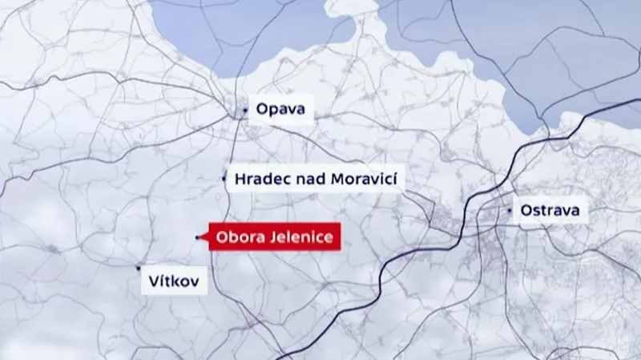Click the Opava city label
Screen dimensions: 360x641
[280, 109]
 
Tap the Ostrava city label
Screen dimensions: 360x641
[554, 211]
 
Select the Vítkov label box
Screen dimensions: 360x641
[173, 281]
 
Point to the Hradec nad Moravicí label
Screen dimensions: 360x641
[316, 179]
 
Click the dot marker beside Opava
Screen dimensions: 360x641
[245, 110]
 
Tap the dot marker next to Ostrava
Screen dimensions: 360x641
[510, 210]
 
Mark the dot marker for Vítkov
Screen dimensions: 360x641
[139, 268]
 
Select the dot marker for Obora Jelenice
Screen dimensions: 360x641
[198, 237]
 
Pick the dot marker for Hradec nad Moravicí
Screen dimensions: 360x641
[224, 179]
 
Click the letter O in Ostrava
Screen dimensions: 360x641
[526, 211]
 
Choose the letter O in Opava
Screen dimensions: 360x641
[260, 109]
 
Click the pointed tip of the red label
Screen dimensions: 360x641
[204, 237]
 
